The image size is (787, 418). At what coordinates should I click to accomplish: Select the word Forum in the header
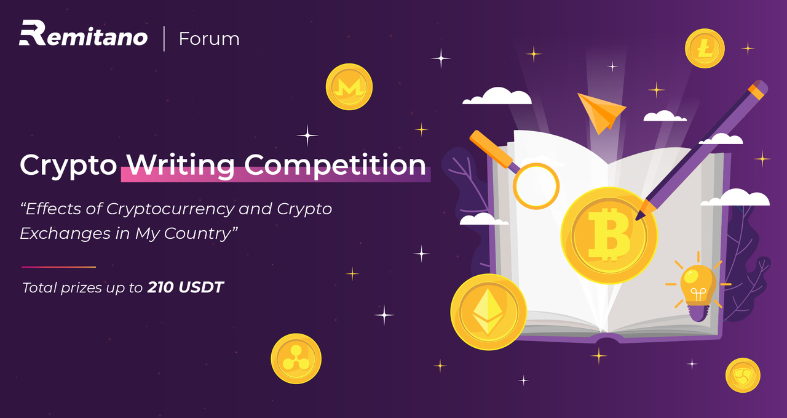209,39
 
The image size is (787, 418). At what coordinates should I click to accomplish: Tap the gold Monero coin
349,87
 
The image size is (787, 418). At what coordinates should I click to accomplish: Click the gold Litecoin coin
705,49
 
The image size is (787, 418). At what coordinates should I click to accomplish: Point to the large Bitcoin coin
609,235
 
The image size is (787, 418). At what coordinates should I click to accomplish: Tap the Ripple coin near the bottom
296,359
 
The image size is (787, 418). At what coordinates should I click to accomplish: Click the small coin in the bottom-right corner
743,375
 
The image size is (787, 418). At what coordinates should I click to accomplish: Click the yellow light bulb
698,285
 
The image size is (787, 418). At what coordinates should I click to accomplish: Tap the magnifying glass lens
536,185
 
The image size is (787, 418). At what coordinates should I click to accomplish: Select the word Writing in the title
181,165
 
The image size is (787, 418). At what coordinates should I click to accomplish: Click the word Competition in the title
335,165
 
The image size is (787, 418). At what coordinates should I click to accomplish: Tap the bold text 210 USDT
186,287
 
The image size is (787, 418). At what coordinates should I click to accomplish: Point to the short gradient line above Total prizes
58,267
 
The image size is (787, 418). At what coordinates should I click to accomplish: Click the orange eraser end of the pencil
758,89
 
